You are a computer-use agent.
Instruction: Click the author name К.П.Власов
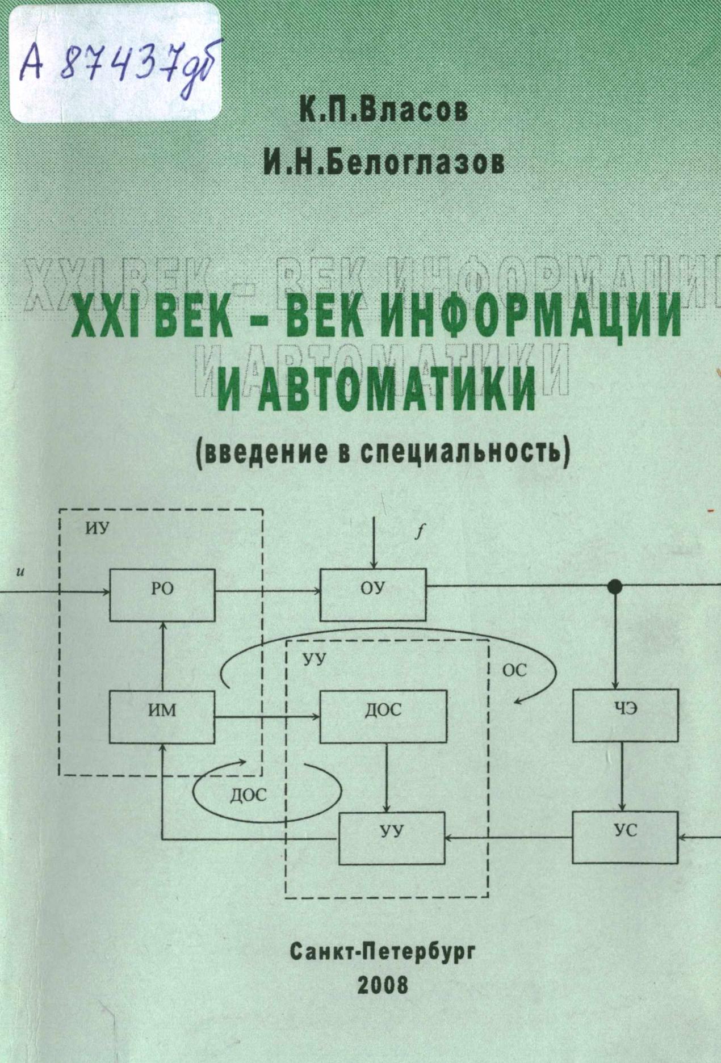tap(384, 110)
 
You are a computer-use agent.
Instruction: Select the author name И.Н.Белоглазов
tap(384, 162)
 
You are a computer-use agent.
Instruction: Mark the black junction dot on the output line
tap(614, 586)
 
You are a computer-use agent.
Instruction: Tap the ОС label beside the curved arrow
tap(515, 671)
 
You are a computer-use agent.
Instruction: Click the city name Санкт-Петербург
tap(382, 951)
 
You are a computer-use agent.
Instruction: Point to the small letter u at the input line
tap(20, 572)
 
